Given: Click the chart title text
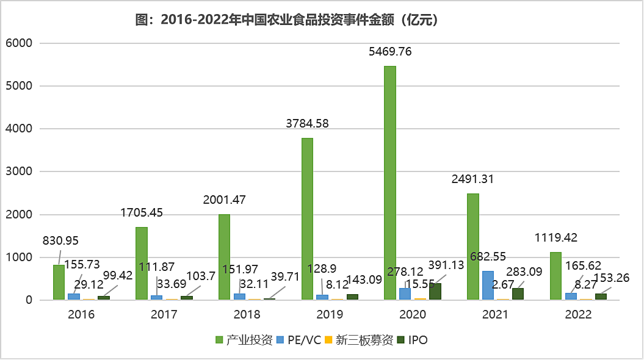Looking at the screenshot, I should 287,20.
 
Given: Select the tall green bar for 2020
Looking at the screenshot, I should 390,183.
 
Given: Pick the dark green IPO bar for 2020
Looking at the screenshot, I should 435,292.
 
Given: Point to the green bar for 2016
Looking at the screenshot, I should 59,283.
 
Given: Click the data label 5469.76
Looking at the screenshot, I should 390,52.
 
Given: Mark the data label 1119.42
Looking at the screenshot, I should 555,237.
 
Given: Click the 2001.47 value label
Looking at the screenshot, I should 224,200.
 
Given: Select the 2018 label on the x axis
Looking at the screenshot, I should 247,315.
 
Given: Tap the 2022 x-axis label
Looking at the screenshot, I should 578,315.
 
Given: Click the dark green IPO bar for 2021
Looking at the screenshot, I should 518,293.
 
